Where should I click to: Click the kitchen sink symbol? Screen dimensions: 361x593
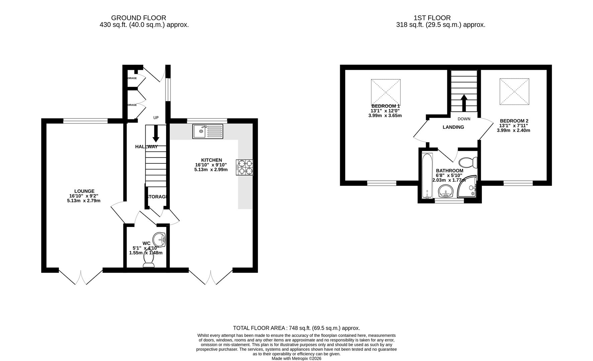pyautogui.click(x=208, y=131)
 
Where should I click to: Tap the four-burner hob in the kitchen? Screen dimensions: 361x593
pyautogui.click(x=245, y=167)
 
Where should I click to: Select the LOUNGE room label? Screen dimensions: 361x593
pyautogui.click(x=84, y=191)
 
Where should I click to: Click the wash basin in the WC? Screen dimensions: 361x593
pyautogui.click(x=159, y=239)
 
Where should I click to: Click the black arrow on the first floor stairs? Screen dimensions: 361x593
pyautogui.click(x=464, y=103)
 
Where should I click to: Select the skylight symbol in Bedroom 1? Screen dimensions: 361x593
pyautogui.click(x=385, y=92)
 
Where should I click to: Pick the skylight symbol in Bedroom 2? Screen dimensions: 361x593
pyautogui.click(x=514, y=91)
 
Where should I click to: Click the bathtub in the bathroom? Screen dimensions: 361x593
pyautogui.click(x=427, y=175)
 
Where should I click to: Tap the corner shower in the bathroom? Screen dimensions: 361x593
pyautogui.click(x=468, y=187)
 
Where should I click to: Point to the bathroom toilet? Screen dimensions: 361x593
pyautogui.click(x=468, y=163)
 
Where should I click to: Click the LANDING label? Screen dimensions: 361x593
pyautogui.click(x=453, y=127)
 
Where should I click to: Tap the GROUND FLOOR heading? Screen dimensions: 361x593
pyautogui.click(x=138, y=18)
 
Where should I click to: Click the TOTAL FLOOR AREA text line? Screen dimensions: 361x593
pyautogui.click(x=296, y=328)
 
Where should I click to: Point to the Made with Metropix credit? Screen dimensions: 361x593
pyautogui.click(x=296, y=358)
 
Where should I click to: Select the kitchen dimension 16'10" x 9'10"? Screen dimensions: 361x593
pyautogui.click(x=211, y=165)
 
